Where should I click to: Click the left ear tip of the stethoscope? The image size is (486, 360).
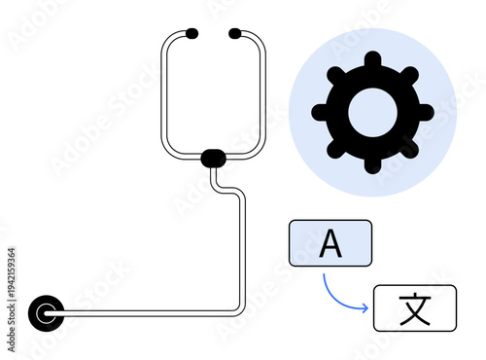tap(191, 34)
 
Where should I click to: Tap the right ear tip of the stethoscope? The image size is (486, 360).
tap(235, 34)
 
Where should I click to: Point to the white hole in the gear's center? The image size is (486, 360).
tap(372, 113)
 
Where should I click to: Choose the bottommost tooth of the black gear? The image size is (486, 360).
tap(372, 163)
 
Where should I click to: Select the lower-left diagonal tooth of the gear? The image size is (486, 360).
tap(336, 149)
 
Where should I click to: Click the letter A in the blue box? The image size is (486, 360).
tap(330, 243)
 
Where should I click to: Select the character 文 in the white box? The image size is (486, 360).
tap(414, 307)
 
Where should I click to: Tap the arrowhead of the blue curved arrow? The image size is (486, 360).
tap(365, 308)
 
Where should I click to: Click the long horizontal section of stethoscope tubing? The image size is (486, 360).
tap(146, 312)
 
